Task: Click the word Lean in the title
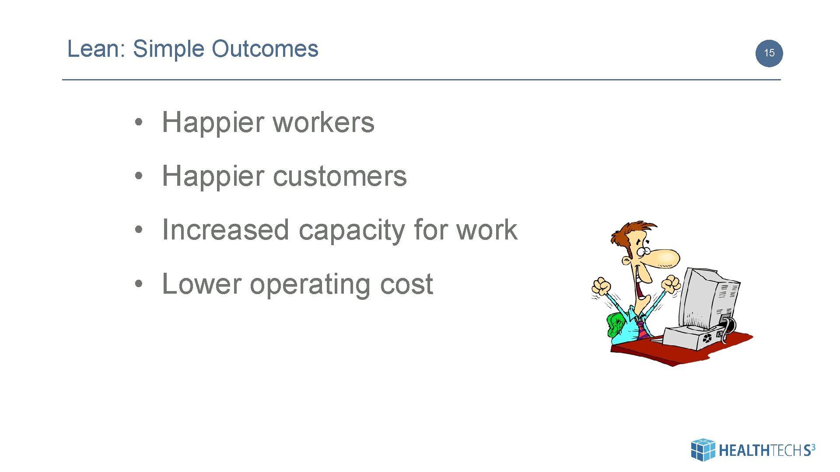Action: (93, 49)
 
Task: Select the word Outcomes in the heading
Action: (265, 49)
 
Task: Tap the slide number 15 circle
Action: (769, 53)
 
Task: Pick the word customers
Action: (339, 177)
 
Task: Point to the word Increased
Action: (225, 230)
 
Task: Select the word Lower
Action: (201, 284)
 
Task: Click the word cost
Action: (406, 285)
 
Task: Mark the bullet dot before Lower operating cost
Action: (139, 284)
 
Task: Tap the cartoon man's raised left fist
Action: (601, 287)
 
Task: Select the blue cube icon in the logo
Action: (703, 450)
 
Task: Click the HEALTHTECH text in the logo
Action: (760, 451)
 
